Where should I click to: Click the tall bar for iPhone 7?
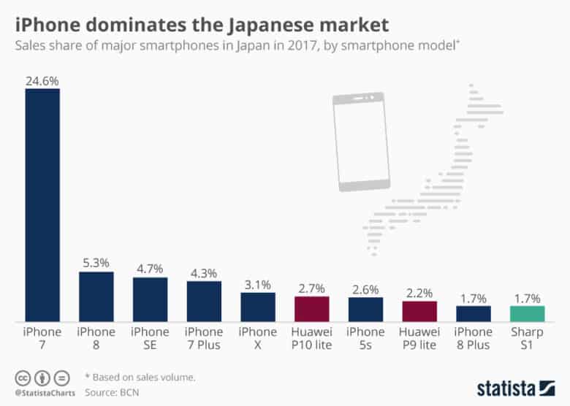pos(42,204)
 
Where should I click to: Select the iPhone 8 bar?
pos(96,296)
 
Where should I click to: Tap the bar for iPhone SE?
pos(150,299)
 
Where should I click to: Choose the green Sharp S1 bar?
pos(527,313)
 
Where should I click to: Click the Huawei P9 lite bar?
pos(419,311)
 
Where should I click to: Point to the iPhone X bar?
pos(258,307)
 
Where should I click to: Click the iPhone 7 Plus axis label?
pos(204,338)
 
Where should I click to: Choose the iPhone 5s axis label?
pos(365,338)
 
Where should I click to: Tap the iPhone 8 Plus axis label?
pos(473,338)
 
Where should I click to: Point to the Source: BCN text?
pos(113,391)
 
